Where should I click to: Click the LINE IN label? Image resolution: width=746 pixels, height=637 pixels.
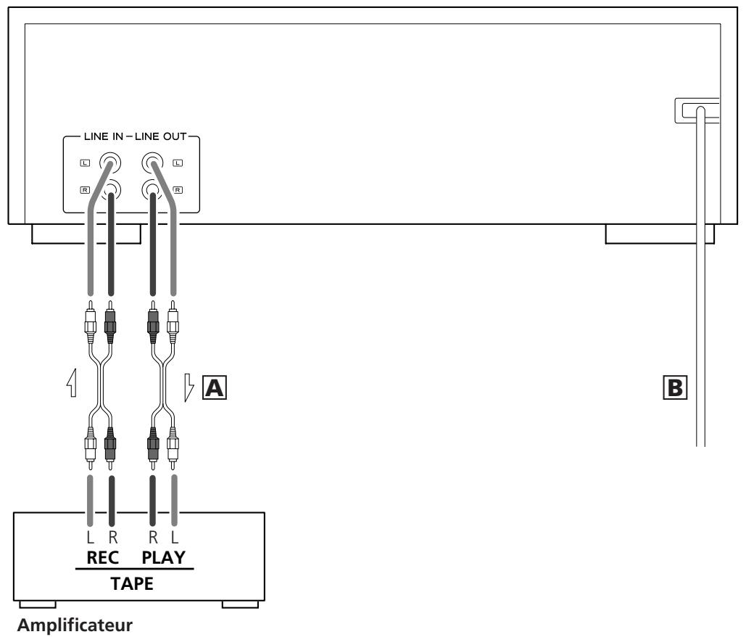tap(103, 136)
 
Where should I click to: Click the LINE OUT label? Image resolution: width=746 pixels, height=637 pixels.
tap(161, 136)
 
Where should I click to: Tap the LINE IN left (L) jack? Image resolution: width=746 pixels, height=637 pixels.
tap(110, 163)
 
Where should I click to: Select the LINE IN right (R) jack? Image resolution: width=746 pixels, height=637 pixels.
tap(111, 190)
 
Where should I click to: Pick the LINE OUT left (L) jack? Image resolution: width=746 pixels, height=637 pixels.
tap(152, 163)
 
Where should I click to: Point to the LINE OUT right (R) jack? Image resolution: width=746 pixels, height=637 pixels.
tap(152, 190)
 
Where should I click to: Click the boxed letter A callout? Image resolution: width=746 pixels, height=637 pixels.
tap(215, 387)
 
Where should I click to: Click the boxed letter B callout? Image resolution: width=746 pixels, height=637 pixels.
tap(675, 387)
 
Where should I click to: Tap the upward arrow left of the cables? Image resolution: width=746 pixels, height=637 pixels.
tap(72, 383)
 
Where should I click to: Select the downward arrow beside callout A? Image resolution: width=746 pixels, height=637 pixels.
tap(189, 387)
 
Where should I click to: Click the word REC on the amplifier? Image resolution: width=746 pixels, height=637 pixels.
tap(102, 557)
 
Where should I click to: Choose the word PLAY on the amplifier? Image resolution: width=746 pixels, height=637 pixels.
tap(163, 557)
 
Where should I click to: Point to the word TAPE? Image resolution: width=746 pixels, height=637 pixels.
tap(132, 583)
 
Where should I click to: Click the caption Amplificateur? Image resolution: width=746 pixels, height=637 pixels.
tap(75, 625)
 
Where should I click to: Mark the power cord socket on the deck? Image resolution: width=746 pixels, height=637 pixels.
tap(697, 110)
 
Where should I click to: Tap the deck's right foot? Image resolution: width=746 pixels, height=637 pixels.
tap(660, 234)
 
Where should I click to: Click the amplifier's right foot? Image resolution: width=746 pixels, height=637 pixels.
tap(240, 604)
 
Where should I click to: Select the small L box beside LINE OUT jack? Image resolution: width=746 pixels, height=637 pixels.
tap(178, 163)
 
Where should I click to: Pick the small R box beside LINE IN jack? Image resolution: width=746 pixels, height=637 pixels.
tap(85, 190)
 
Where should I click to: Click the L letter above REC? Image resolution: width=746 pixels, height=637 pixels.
tap(91, 537)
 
